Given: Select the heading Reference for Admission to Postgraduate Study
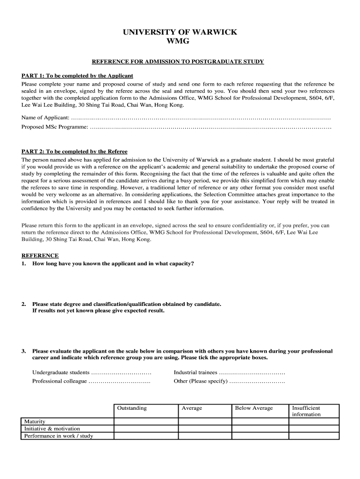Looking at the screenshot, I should click(178, 62).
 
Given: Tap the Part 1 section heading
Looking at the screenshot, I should click(78, 75).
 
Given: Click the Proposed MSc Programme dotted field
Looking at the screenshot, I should click(210, 127).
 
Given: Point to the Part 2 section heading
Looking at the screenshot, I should click(75, 152).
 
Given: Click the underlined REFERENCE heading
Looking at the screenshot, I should click(40, 255).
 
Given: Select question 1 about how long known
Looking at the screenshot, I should click(113, 263).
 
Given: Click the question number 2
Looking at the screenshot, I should click(23, 304).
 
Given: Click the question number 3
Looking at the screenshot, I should click(23, 351).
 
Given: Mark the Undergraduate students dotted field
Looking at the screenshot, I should click(121, 373).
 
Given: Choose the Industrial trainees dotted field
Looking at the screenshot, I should click(252, 373).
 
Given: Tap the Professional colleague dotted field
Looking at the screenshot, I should click(119, 381).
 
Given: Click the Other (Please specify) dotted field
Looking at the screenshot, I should click(257, 381).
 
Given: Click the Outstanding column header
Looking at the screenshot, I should click(132, 408).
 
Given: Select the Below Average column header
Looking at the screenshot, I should click(254, 408).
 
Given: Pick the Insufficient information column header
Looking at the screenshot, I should click(307, 411).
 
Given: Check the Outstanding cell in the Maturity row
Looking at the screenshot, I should click(146, 421).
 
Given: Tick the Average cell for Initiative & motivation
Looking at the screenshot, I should click(205, 428).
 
